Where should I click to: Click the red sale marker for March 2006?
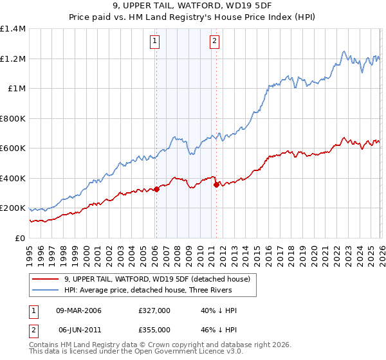point(156,190)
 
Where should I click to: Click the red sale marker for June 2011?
point(216,185)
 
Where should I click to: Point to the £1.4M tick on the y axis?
point(13,29)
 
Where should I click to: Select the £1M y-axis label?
point(15,89)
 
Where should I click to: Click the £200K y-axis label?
point(13,208)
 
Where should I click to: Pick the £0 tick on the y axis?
point(19,239)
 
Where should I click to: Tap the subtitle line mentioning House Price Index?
point(193,18)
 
